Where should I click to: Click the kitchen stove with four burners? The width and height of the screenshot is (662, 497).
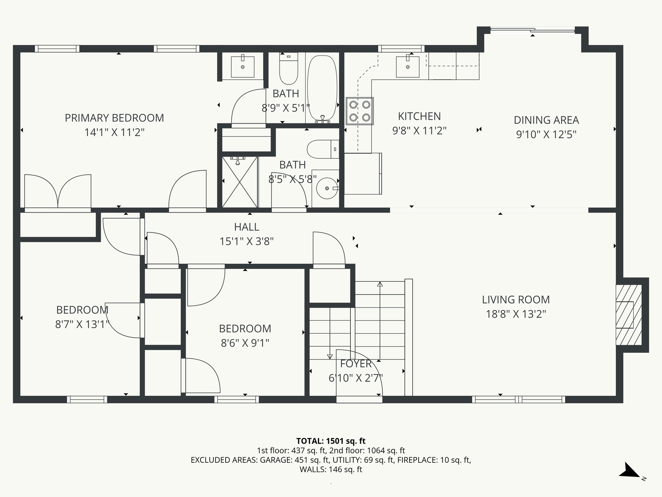[360, 111]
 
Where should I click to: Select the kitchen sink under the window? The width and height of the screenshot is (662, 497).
[408, 67]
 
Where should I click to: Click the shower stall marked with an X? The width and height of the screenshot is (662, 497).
[240, 182]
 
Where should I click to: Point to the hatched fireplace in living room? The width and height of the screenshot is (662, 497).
[628, 315]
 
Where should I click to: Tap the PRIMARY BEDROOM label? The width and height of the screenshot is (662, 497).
[114, 118]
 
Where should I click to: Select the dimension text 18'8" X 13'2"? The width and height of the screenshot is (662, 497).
[516, 314]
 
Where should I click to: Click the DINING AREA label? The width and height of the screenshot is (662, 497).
[546, 120]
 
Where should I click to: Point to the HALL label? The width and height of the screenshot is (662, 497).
[247, 227]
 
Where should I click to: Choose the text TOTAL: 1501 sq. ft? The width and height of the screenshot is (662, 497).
[331, 441]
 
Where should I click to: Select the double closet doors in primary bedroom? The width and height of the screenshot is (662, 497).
[58, 193]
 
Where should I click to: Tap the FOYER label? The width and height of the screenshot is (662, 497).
[356, 364]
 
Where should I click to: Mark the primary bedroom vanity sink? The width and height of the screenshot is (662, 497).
[243, 67]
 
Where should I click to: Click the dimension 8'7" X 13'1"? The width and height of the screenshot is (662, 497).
[82, 324]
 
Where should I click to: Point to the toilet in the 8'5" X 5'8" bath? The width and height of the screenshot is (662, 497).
[322, 149]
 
